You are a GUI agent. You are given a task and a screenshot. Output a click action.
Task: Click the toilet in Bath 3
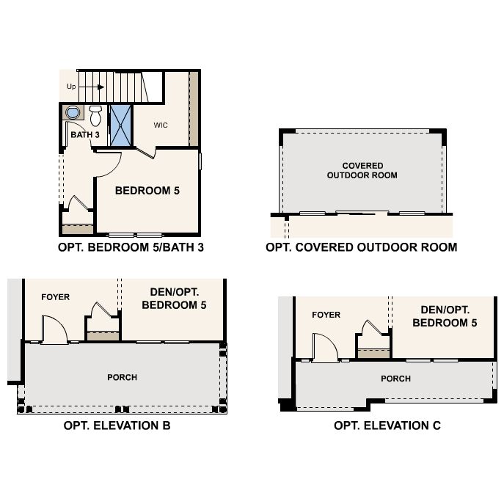(95, 115)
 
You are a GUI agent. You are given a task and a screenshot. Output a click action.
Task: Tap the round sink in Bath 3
(73, 112)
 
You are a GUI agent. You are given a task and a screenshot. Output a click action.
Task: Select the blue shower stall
(120, 125)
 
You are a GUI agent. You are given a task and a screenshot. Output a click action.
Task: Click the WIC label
(161, 125)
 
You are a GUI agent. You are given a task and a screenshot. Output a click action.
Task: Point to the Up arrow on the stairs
(92, 87)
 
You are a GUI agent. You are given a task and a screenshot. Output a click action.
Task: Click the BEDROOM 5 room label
(147, 191)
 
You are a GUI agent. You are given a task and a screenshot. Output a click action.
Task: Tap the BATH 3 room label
(85, 135)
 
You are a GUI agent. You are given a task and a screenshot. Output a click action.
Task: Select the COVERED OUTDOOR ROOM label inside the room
(362, 170)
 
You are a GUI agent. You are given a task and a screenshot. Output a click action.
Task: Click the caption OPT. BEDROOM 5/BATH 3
(131, 247)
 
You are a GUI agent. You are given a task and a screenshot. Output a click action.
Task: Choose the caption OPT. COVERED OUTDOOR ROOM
(361, 247)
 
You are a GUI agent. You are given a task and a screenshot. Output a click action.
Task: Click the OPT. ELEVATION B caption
(117, 426)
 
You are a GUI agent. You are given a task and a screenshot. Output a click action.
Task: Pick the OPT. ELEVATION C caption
(387, 426)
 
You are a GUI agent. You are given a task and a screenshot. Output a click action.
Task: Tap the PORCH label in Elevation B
(122, 377)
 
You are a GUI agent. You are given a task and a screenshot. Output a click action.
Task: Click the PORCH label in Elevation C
(395, 379)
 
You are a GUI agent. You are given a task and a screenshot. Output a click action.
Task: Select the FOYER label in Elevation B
(55, 297)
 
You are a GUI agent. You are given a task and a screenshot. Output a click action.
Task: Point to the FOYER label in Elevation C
(326, 315)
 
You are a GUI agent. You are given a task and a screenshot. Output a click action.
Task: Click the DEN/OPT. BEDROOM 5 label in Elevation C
(445, 316)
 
